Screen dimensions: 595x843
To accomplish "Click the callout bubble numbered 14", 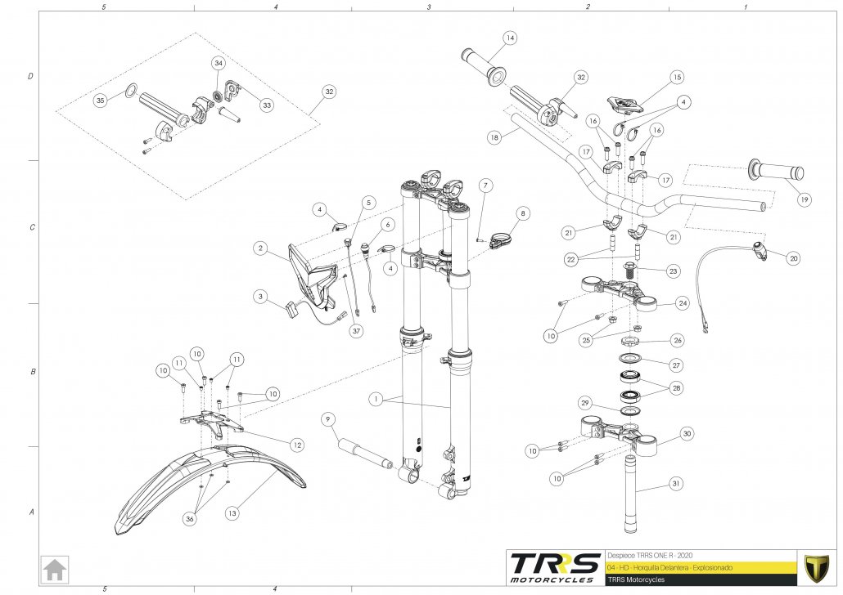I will click(x=510, y=38).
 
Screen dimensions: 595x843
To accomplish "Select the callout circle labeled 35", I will click(x=101, y=101).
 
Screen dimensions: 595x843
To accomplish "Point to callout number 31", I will click(x=675, y=484).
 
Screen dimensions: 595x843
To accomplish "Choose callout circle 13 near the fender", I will click(x=232, y=513).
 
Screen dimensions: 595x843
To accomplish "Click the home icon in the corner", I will click(x=56, y=569).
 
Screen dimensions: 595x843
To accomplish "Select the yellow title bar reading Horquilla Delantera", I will click(x=700, y=566).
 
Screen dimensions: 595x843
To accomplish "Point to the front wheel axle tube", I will click(x=360, y=452).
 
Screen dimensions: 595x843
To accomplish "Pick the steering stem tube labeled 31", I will click(x=633, y=494).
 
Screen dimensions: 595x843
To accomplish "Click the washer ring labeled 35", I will click(x=129, y=89).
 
